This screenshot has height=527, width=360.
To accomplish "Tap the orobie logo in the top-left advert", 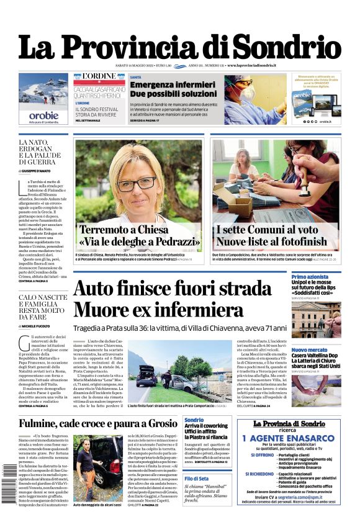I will (x=43, y=115).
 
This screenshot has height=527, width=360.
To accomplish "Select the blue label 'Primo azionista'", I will (x=310, y=277).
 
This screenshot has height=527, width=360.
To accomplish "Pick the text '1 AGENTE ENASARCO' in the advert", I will (x=289, y=438).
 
